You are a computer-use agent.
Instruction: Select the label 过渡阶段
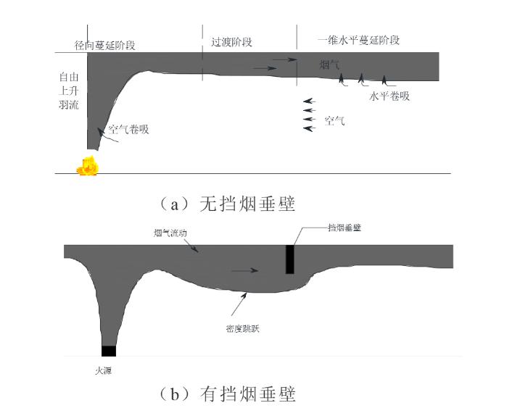coord(232,42)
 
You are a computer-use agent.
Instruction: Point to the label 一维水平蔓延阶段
coord(358,41)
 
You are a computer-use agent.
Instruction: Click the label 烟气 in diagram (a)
coord(329,65)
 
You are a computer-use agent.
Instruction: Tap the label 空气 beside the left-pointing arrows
coord(334,121)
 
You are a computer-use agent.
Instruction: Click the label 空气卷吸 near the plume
coord(128,130)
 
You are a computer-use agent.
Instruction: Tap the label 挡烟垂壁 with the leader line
coord(345,227)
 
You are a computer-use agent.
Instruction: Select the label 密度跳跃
coord(243,328)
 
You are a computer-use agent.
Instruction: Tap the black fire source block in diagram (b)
coord(108,351)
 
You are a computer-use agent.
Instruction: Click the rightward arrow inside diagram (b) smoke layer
coord(244,271)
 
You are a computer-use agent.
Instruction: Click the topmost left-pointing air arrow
coord(310,101)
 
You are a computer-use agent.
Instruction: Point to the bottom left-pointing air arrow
coord(310,128)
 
